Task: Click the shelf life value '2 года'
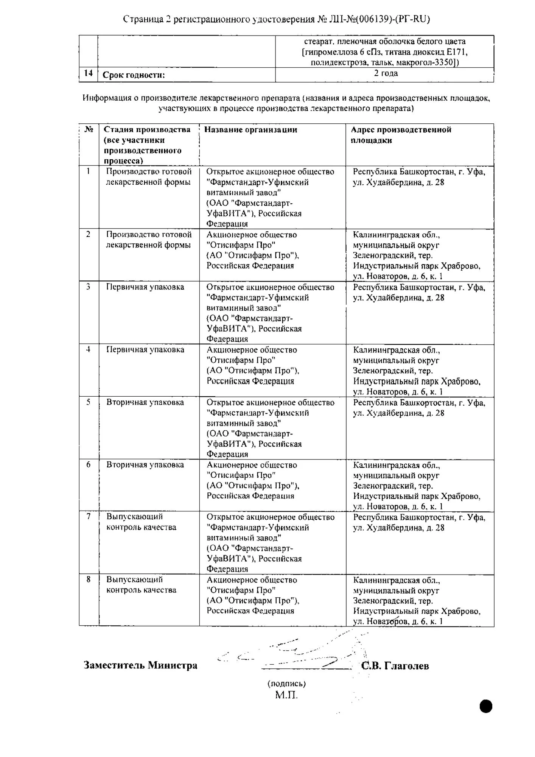click(x=386, y=73)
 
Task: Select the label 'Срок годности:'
click(x=134, y=75)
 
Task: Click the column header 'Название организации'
click(x=250, y=130)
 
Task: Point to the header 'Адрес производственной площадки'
click(x=401, y=135)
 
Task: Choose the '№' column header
click(x=89, y=129)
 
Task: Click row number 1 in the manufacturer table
click(x=88, y=171)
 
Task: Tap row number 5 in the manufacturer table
click(x=88, y=402)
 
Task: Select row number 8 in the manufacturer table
click(x=88, y=579)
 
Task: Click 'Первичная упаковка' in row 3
click(x=145, y=287)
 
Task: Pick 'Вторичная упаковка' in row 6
click(x=145, y=465)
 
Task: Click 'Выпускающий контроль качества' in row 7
click(x=141, y=522)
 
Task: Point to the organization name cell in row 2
click(x=252, y=250)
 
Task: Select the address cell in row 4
click(x=417, y=371)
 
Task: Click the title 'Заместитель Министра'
click(x=140, y=665)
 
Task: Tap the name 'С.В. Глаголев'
click(x=395, y=666)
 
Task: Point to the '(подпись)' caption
click(x=286, y=684)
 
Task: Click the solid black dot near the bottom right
click(x=486, y=706)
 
